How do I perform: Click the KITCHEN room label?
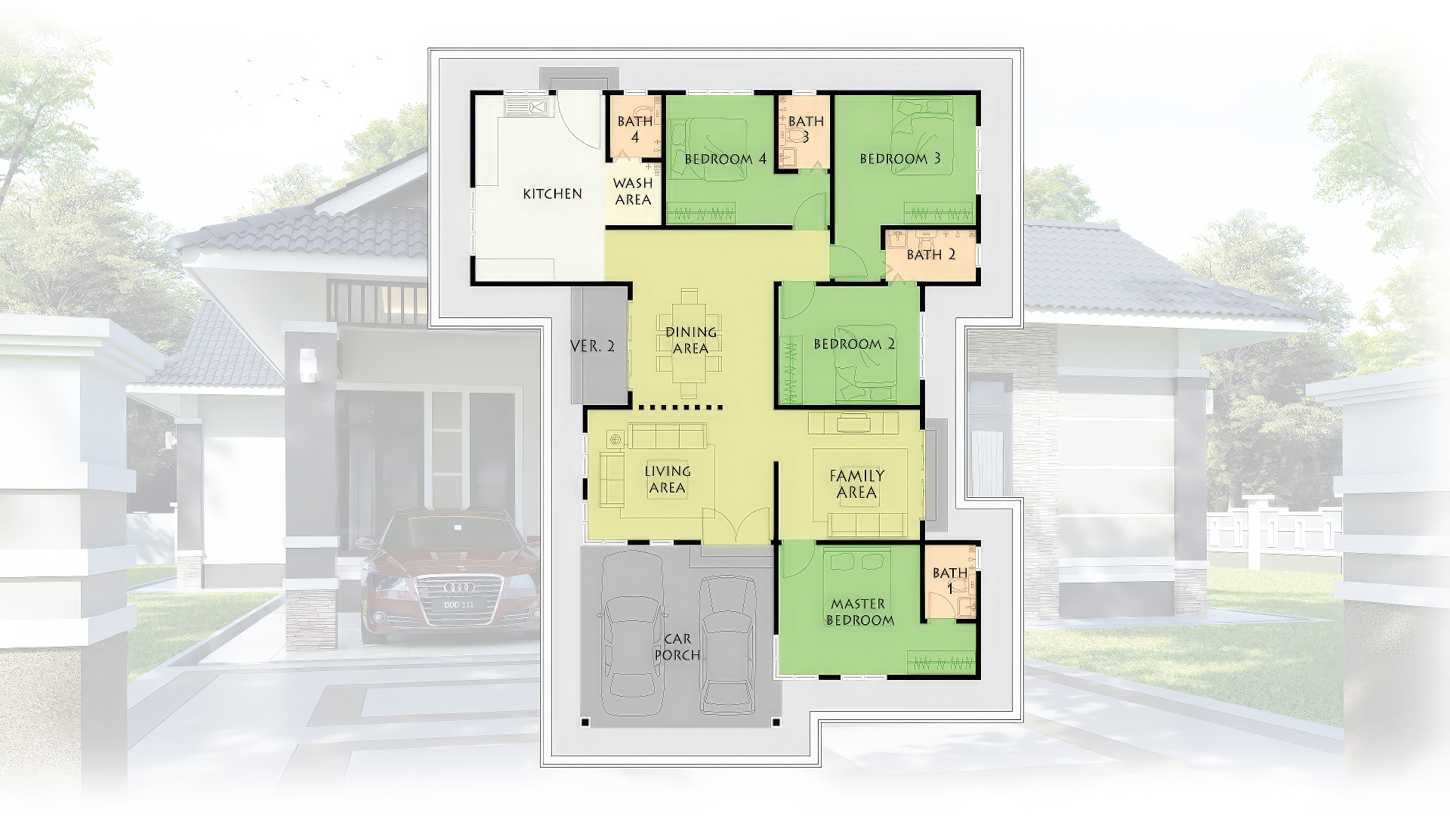553,194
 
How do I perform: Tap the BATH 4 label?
635,129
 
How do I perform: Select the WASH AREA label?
633,192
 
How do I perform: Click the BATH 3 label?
806,129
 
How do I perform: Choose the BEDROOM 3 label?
900,159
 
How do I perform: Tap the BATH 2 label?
931,255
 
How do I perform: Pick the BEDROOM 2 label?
854,345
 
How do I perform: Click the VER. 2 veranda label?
593,347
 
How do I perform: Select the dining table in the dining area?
689,342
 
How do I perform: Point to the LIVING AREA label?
668,479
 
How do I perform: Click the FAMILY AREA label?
857,484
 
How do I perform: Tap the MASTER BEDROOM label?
859,612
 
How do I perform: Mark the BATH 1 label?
950,580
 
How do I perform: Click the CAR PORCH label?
677,648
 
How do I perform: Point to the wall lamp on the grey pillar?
307,364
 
